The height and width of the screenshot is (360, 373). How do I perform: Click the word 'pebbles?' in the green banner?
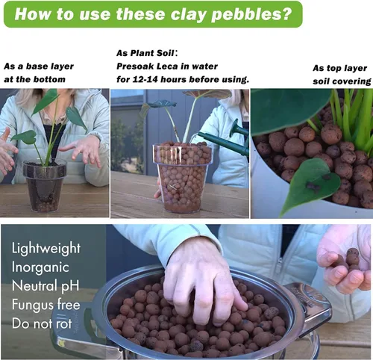click(x=251, y=15)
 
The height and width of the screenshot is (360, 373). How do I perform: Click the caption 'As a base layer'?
click(x=39, y=66)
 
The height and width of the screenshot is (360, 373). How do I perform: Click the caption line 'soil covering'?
click(x=342, y=81)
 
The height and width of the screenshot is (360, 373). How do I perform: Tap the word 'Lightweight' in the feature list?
click(x=46, y=249)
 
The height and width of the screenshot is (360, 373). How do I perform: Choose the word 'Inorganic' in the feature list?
click(x=40, y=267)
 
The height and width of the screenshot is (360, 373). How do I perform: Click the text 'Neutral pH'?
click(x=46, y=285)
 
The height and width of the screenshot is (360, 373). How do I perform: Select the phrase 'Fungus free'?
click(x=46, y=304)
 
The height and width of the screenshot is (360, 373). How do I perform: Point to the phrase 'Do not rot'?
click(x=42, y=323)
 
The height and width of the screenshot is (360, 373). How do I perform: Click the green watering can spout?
click(x=219, y=140)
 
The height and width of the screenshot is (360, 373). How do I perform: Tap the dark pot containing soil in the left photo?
click(x=45, y=187)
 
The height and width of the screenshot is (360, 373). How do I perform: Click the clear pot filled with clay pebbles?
click(x=183, y=177)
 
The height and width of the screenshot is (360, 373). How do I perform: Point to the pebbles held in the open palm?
click(x=350, y=260)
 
